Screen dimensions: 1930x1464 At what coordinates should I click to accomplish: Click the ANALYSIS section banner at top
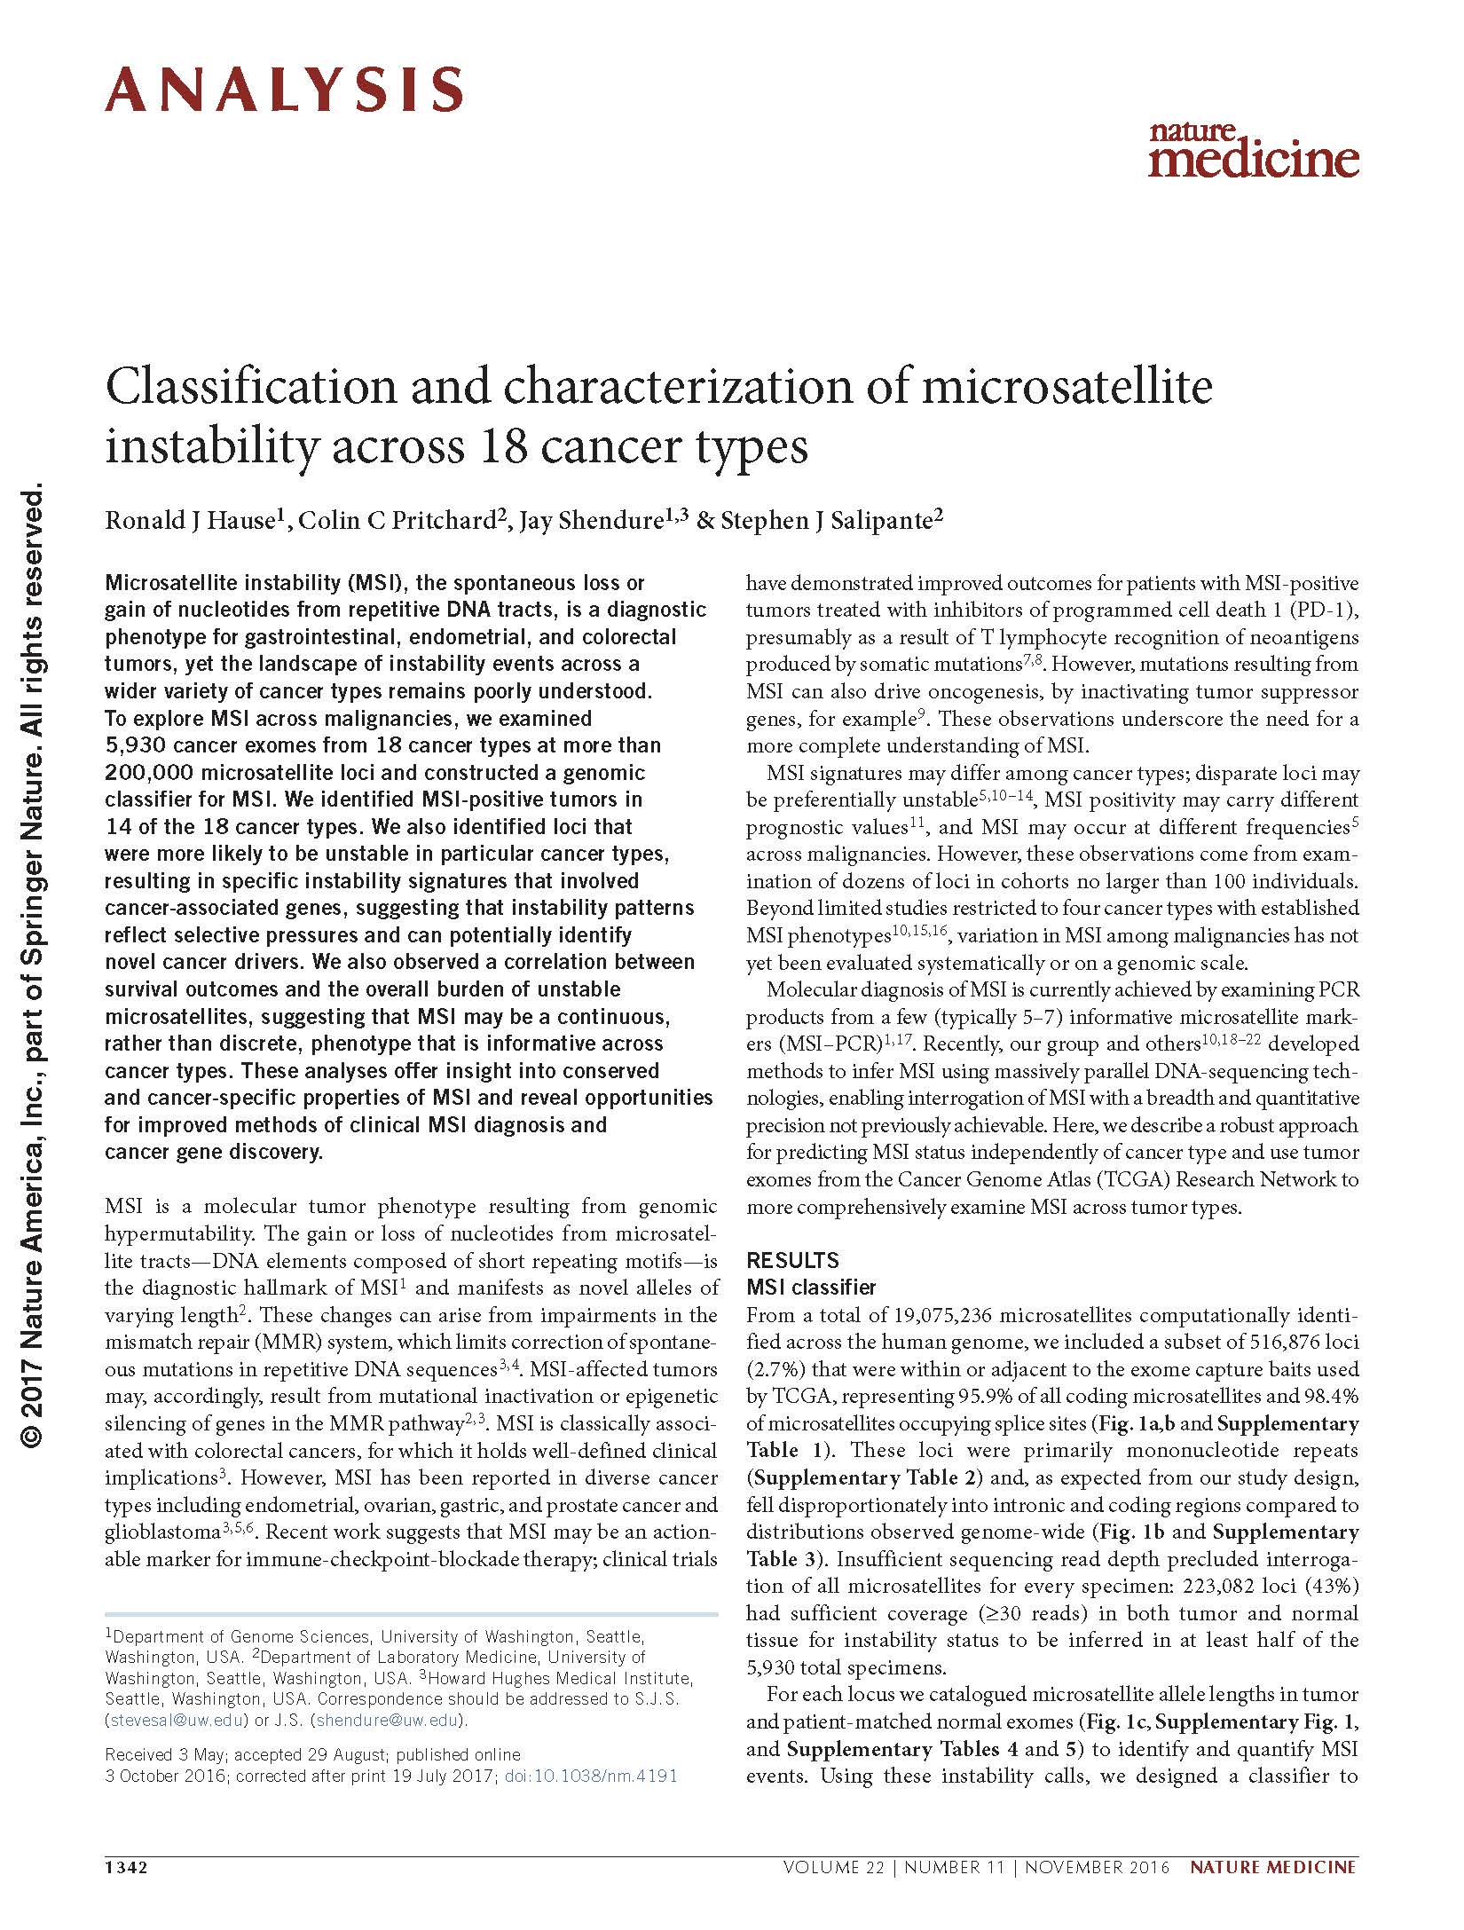[x=284, y=90]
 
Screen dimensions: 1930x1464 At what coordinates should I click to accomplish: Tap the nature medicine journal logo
[x=1253, y=150]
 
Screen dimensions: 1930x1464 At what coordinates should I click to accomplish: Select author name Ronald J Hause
[x=187, y=520]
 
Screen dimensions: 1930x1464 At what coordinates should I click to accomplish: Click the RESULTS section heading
[x=792, y=1260]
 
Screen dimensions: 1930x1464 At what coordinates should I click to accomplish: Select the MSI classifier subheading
[x=811, y=1287]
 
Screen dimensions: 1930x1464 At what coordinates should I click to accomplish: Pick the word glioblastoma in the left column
[x=161, y=1532]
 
